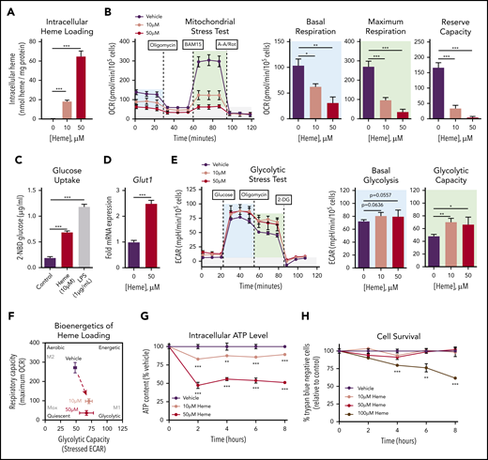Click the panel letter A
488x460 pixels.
click(x=7, y=9)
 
